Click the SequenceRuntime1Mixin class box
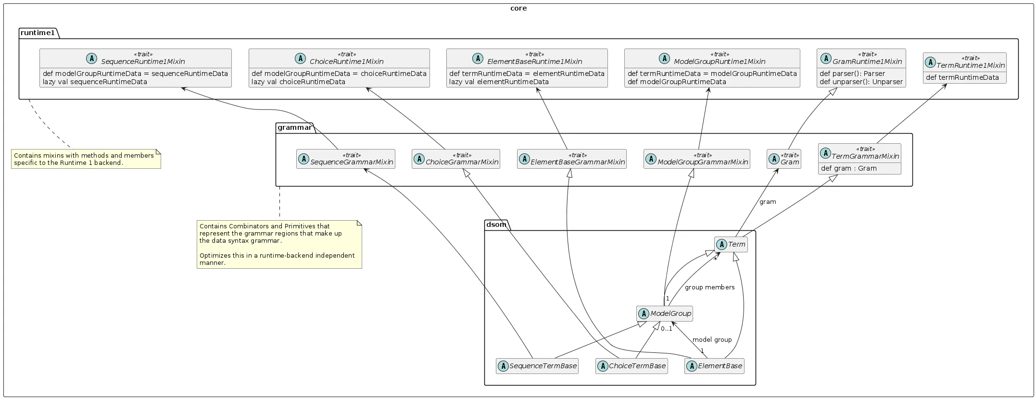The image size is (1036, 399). pyautogui.click(x=135, y=68)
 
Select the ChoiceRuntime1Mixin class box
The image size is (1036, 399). pyautogui.click(x=339, y=68)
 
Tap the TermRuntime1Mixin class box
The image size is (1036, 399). pyautogui.click(x=964, y=68)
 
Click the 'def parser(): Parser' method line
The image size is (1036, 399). pyautogui.click(x=852, y=74)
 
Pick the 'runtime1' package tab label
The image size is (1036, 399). pyautogui.click(x=38, y=33)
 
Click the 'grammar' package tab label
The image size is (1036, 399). pyautogui.click(x=294, y=127)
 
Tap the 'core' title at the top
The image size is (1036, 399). pyautogui.click(x=518, y=8)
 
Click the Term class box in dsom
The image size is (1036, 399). pyautogui.click(x=731, y=244)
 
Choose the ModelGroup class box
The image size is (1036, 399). pyautogui.click(x=664, y=313)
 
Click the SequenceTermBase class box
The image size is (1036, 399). pyautogui.click(x=537, y=366)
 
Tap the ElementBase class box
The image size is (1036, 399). pyautogui.click(x=714, y=366)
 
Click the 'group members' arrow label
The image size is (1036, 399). pyautogui.click(x=709, y=287)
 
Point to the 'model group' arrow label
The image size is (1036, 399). pyautogui.click(x=712, y=339)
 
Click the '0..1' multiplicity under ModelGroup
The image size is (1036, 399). pyautogui.click(x=666, y=329)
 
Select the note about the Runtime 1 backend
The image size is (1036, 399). pyautogui.click(x=86, y=159)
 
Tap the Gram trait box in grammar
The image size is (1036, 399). pyautogui.click(x=783, y=159)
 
